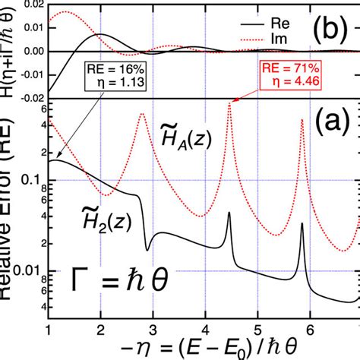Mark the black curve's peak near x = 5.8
pos(302,224)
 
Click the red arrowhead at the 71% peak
pos(231,100)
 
